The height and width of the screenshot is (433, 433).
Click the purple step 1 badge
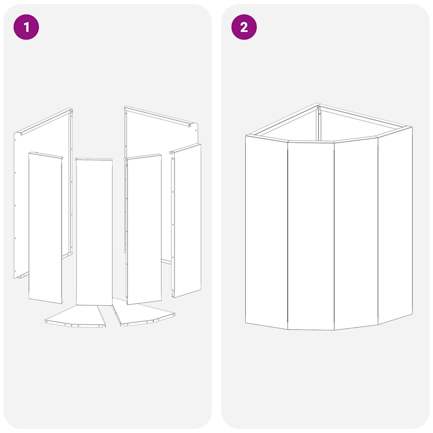pyautogui.click(x=26, y=27)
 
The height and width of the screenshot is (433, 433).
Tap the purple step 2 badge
pyautogui.click(x=244, y=27)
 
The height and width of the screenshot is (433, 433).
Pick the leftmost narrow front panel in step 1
pyautogui.click(x=45, y=228)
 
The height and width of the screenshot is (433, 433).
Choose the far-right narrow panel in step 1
pyautogui.click(x=187, y=220)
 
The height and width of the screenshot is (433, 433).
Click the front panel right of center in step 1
pyautogui.click(x=144, y=228)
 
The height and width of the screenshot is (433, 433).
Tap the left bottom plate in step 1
pyautogui.click(x=76, y=317)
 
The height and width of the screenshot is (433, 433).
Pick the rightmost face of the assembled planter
pyautogui.click(x=395, y=224)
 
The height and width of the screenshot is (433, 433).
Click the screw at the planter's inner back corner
pyautogui.click(x=319, y=108)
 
